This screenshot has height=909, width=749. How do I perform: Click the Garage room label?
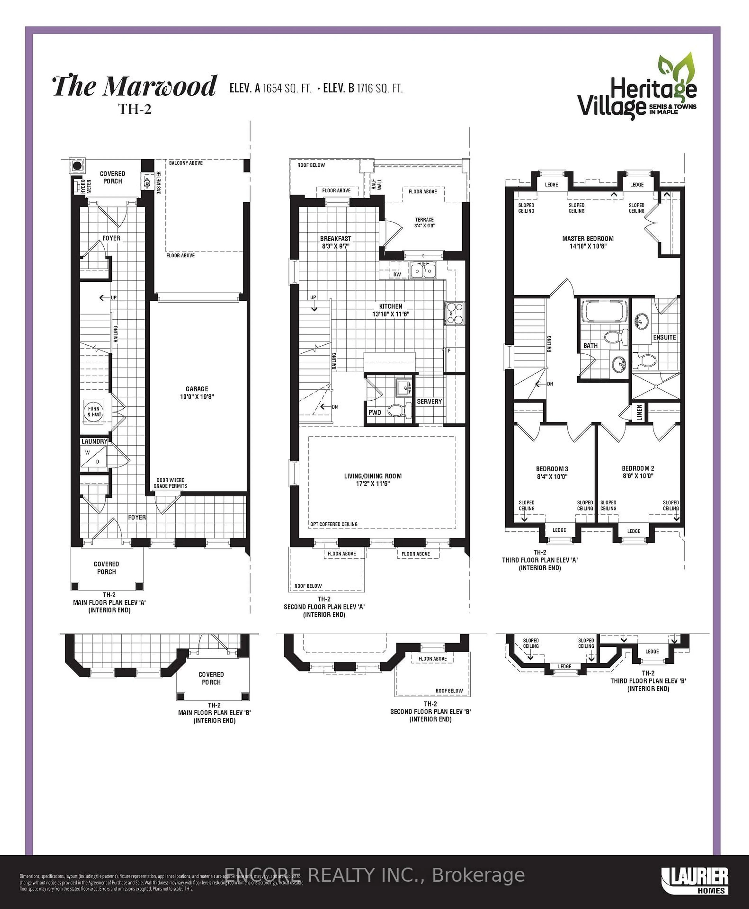pyautogui.click(x=197, y=393)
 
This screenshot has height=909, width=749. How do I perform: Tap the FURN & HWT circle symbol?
pyautogui.click(x=94, y=411)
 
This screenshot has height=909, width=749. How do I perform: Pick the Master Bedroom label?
pyautogui.click(x=588, y=242)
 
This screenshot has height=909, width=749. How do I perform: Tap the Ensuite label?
pyautogui.click(x=664, y=337)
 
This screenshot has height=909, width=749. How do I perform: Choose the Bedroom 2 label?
pyautogui.click(x=638, y=472)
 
